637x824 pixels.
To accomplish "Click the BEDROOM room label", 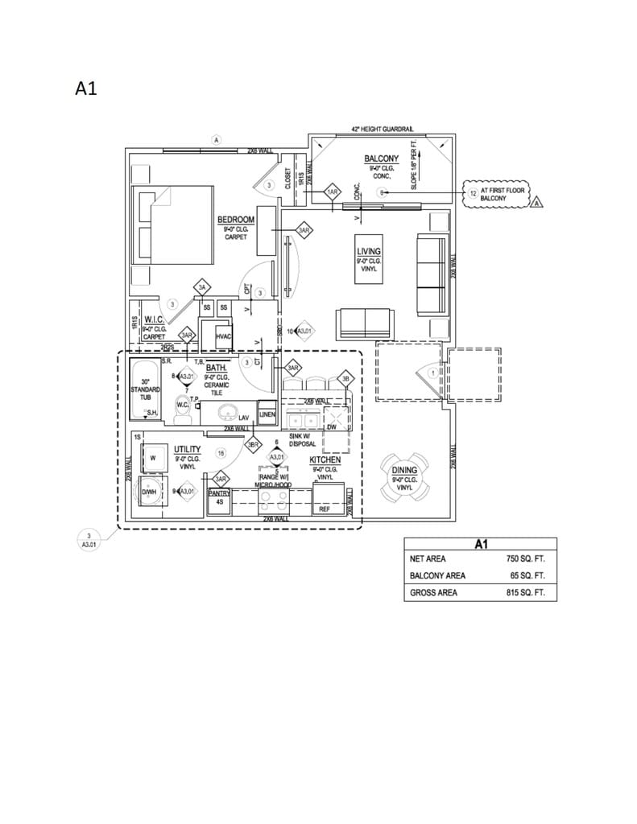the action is (236, 220).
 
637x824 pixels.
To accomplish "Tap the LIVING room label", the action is (369, 252).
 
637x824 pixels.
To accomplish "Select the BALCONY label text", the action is (382, 159).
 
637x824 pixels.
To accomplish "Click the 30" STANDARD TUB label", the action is (145, 389).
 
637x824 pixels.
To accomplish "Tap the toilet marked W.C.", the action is (183, 406).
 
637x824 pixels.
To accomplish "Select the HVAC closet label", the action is (223, 336).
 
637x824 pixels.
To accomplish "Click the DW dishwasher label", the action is (331, 427).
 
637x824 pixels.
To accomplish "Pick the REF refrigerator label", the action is (324, 509).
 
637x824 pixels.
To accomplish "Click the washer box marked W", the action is (151, 457).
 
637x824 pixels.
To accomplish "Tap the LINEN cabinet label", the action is (267, 414).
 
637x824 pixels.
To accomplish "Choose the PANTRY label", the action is (219, 493).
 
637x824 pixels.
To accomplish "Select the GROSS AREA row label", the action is (433, 593).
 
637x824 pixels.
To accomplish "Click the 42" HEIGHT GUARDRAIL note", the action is (382, 129).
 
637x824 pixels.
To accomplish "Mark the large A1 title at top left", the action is (86, 89).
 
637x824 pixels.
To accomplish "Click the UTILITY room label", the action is (188, 449).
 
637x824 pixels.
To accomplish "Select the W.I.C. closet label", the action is (154, 319).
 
